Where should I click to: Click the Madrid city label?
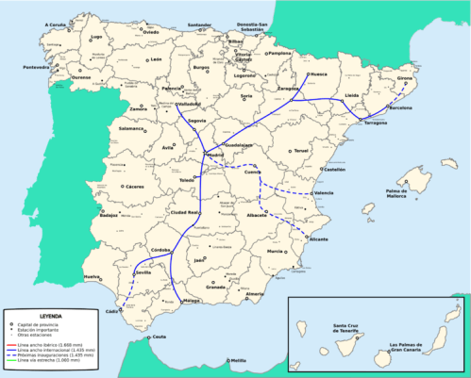coord(215,154)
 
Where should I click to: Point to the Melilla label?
coord(238,361)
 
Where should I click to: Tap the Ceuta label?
coord(160,337)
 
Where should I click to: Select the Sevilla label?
coord(143,272)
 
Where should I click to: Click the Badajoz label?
coord(108,216)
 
